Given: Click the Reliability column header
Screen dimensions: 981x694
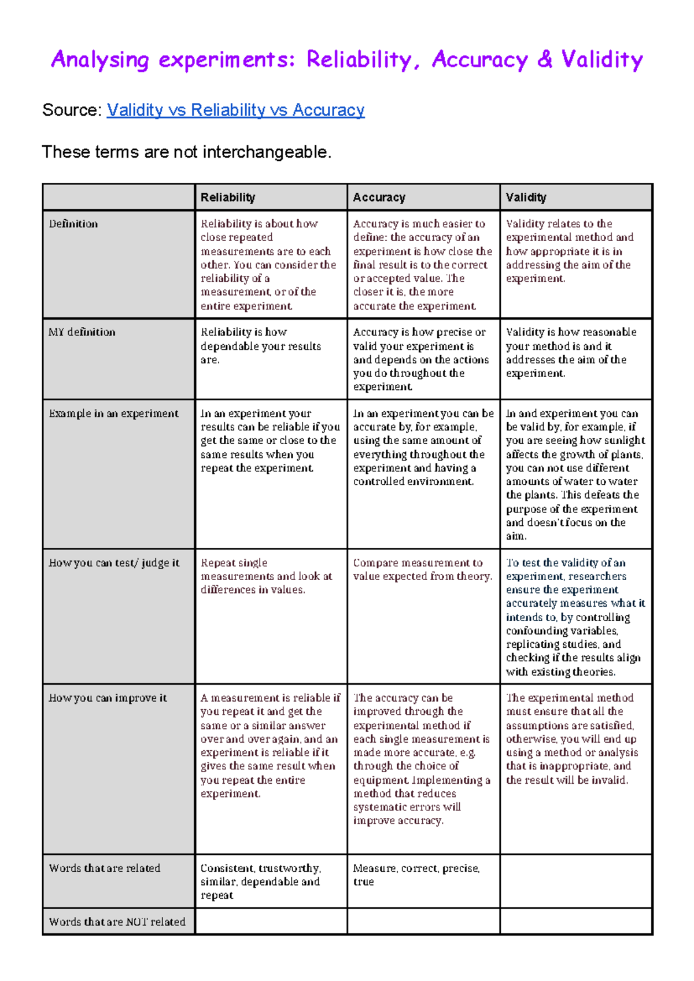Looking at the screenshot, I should (228, 197).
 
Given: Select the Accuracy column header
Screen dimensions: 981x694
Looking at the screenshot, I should (379, 197).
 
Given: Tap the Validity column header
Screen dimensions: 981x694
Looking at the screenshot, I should (526, 197).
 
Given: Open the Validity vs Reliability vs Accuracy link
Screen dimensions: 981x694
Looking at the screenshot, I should (235, 110).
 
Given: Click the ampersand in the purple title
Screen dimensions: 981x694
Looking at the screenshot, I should (544, 59).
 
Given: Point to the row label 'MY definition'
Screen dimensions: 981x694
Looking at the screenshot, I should (82, 332).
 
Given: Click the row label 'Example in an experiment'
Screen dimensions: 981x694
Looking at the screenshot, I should (114, 414).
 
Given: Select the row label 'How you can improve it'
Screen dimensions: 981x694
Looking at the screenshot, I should (108, 698).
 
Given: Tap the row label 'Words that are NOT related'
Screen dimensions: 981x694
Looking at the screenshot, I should (117, 921).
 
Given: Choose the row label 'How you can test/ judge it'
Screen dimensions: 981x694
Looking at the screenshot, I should (114, 563).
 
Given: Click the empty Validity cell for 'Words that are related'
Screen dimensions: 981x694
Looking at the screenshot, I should (576, 881).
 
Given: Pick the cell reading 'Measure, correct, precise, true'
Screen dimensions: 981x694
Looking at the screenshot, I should (416, 875).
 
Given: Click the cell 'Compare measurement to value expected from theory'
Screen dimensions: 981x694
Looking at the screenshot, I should (422, 570).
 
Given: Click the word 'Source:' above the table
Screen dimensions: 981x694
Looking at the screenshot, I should (72, 110).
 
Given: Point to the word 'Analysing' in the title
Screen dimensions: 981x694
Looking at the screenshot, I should (100, 60).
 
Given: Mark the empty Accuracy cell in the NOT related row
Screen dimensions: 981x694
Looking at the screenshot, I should (423, 921).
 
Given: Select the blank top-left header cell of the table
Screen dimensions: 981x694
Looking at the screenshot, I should (119, 197).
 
